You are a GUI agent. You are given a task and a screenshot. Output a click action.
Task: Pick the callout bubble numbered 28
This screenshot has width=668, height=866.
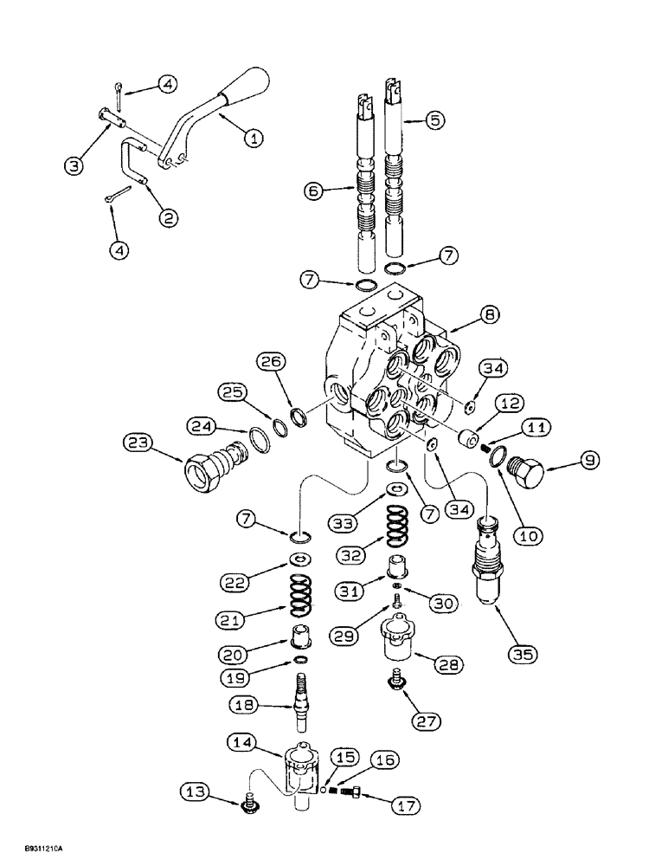point(451,665)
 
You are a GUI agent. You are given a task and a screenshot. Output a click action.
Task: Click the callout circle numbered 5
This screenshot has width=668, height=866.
point(435,120)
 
